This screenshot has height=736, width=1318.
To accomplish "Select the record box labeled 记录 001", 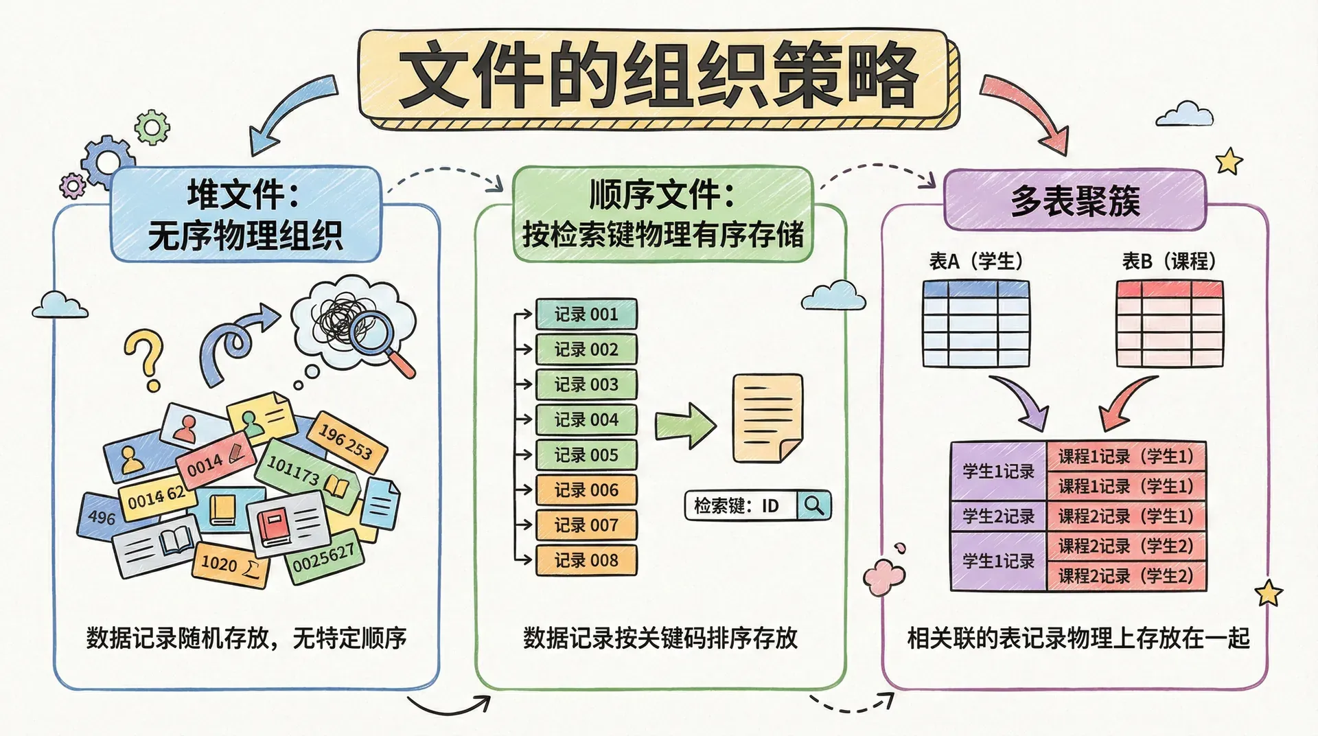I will point(586,314).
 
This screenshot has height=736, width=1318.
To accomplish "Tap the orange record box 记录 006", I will point(586,490).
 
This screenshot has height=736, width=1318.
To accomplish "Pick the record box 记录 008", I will point(586,560).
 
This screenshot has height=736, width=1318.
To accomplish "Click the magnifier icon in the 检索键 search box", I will point(814,505).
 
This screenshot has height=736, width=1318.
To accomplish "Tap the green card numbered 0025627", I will point(324,557).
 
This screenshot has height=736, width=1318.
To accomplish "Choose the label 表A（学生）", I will point(975,262).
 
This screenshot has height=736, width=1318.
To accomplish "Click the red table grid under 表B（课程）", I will point(1169,324).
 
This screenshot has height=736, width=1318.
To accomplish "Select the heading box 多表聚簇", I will point(1074,200).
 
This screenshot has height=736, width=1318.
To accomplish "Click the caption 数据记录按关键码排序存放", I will point(660,639).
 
